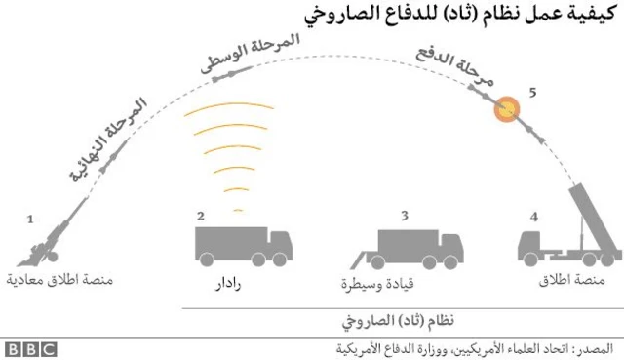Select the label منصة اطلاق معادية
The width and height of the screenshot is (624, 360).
(x=59, y=284)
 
